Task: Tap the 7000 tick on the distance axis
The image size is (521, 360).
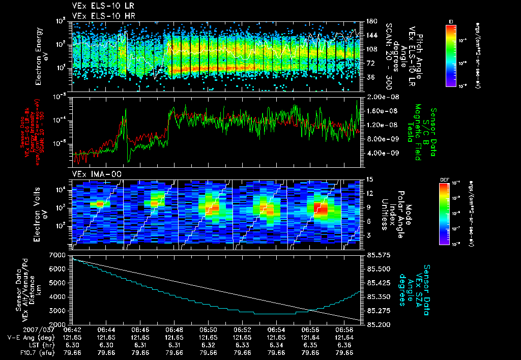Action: tap(61, 254)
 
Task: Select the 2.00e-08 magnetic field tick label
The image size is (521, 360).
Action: tap(382, 97)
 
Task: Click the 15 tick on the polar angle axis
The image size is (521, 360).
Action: tap(370, 179)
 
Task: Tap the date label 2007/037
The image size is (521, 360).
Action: tap(19, 330)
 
